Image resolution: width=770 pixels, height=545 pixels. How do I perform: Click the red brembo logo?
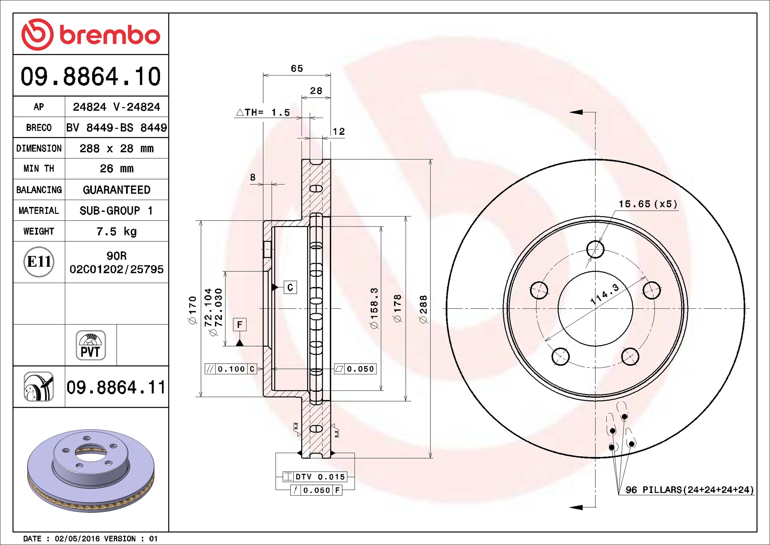[90, 34]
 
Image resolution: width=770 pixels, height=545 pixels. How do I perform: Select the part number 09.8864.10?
[90, 77]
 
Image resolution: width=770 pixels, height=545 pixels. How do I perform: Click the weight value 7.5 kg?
[116, 231]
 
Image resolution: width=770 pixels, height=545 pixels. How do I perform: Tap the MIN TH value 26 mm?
[116, 169]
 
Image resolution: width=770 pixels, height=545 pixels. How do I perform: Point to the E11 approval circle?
[39, 262]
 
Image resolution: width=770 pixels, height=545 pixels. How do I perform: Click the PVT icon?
[90, 345]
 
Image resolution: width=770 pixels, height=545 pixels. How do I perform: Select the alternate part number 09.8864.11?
[116, 388]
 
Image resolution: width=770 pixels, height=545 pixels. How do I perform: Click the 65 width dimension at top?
[297, 68]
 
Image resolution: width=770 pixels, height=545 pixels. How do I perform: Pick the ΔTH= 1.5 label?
[263, 112]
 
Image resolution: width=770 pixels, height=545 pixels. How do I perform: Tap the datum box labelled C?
[290, 287]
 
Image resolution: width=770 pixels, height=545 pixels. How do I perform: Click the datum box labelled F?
[240, 325]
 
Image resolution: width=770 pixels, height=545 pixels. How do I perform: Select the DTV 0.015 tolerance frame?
[315, 477]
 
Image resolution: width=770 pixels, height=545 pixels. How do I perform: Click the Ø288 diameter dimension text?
[423, 309]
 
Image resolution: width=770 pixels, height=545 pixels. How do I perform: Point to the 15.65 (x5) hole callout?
[647, 204]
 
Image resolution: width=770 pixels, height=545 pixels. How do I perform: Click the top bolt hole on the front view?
[595, 249]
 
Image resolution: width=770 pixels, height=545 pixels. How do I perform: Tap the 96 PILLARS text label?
[689, 490]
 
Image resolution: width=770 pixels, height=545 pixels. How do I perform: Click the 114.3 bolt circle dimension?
[605, 294]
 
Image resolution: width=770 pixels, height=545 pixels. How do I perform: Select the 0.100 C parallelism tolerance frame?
[231, 369]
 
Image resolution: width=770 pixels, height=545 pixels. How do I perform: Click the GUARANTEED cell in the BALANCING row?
[116, 190]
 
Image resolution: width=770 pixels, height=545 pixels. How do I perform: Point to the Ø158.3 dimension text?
[374, 308]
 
